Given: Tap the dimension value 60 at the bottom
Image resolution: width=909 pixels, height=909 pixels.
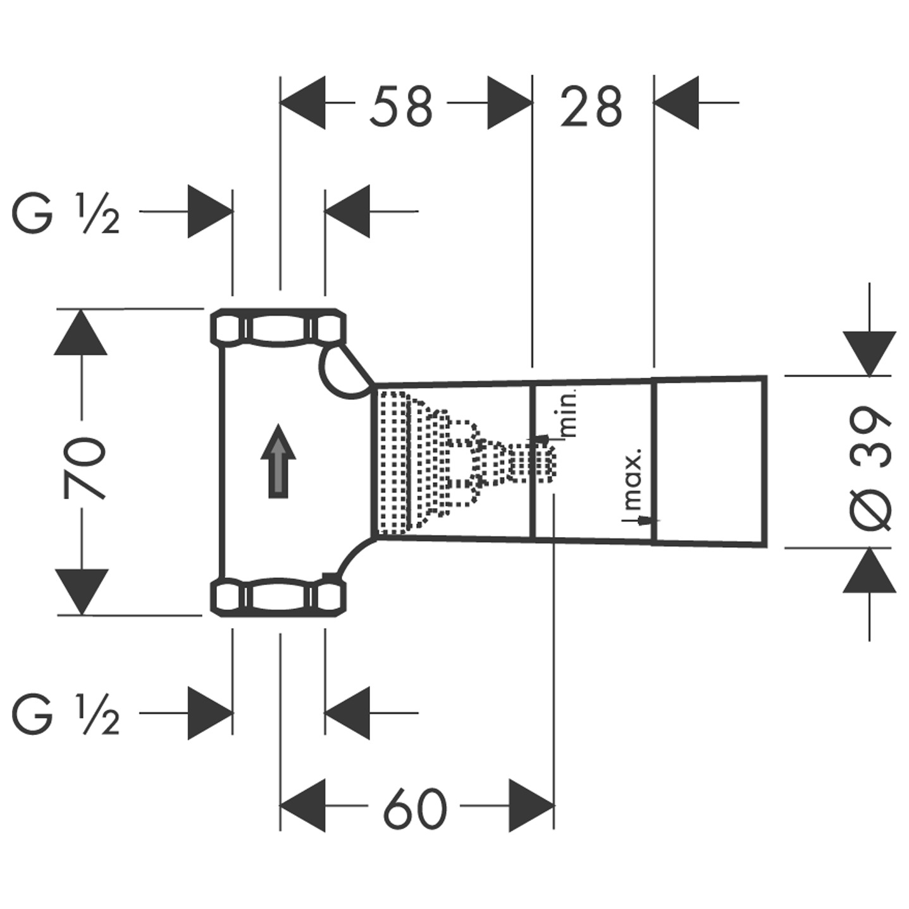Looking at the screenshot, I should pos(415,808).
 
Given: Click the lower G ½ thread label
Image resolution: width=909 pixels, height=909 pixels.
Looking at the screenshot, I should pos(66,715).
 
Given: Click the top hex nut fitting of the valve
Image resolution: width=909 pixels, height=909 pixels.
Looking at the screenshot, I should pos(278,327).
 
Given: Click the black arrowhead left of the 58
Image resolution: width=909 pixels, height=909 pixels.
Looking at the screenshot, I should pos(303,102).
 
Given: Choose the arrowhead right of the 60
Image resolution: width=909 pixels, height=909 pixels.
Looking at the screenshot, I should pos(531,806).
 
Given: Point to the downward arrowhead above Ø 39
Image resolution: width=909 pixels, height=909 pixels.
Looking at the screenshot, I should pos(870,353).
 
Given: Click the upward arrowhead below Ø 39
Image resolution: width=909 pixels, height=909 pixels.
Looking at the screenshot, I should pos(870,570).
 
